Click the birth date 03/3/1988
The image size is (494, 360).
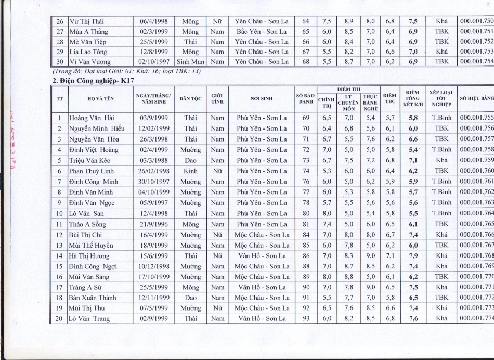coord(154,160)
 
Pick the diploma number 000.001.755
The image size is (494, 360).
coord(476,118)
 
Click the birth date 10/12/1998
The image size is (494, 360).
coord(154,266)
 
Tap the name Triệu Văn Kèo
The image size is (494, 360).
coord(89,160)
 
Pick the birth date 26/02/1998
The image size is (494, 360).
coord(154,171)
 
